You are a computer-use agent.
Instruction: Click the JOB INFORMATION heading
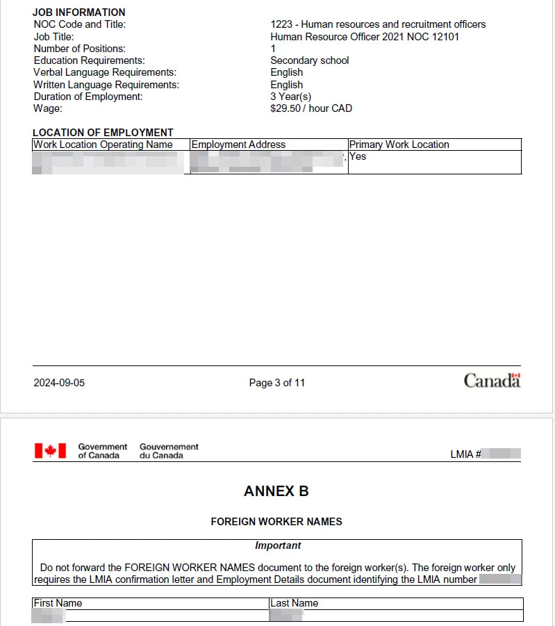click(x=79, y=13)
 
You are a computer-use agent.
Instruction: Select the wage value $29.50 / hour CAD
click(x=311, y=108)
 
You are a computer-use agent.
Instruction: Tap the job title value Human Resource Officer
click(x=365, y=37)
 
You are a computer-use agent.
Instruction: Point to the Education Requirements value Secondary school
click(x=310, y=60)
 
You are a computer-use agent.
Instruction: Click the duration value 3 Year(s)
click(x=291, y=97)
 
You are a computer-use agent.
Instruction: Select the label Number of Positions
click(x=80, y=49)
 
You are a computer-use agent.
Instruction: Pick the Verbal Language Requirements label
click(x=105, y=72)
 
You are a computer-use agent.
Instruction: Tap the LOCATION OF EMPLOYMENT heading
click(x=103, y=133)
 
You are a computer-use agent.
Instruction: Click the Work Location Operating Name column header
click(x=103, y=145)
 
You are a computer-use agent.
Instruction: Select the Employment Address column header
click(x=238, y=145)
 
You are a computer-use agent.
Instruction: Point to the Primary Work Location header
click(x=399, y=145)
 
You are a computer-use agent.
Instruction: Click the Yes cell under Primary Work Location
click(x=358, y=156)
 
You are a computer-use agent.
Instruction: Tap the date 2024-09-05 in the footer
click(x=59, y=383)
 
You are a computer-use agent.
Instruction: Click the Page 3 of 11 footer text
click(x=277, y=383)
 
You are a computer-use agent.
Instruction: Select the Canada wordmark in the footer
click(x=492, y=381)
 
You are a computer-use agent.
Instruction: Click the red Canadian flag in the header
click(x=50, y=451)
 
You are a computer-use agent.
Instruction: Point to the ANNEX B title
click(x=276, y=491)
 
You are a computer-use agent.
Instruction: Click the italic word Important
click(x=278, y=545)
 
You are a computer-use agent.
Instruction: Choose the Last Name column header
click(x=295, y=603)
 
